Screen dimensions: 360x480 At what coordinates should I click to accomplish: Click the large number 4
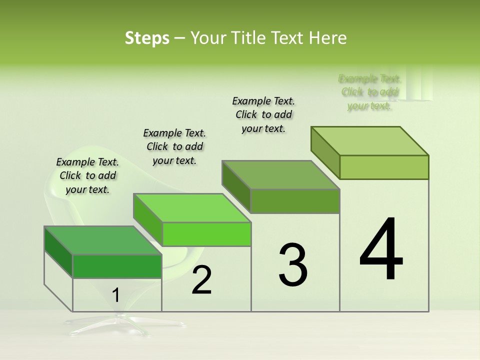pos(381,250)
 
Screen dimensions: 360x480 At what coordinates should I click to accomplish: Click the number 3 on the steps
pos(293,265)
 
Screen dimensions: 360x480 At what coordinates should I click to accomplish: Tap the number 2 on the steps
pos(202,280)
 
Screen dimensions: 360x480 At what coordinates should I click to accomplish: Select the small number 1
pos(116,295)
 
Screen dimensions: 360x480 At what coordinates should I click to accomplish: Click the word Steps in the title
pos(147,38)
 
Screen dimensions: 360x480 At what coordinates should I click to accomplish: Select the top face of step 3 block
pos(280,175)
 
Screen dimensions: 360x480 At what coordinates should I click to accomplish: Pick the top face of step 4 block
pos(369,141)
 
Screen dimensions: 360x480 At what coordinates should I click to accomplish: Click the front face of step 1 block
pos(117,266)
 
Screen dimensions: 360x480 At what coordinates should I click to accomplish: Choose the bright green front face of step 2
pos(206,234)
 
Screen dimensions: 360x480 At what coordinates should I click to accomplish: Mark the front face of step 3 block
pos(295,201)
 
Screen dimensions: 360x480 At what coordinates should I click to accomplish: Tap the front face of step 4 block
pos(384,167)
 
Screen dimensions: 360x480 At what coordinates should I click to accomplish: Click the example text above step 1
pos(87,175)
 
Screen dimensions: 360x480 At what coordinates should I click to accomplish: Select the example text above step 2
pos(174,146)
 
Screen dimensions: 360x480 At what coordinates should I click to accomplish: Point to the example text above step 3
pos(263,114)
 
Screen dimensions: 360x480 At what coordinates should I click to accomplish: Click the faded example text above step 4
pos(369,92)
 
